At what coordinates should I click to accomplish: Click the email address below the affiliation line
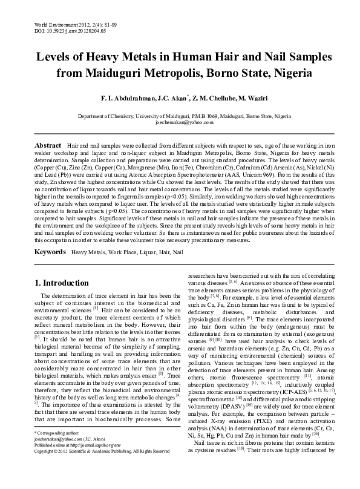pos(180,122)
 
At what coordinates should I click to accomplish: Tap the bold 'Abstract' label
pos(48,146)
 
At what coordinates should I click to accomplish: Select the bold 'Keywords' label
pos(50,250)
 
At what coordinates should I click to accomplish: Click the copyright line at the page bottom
pos(102,468)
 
